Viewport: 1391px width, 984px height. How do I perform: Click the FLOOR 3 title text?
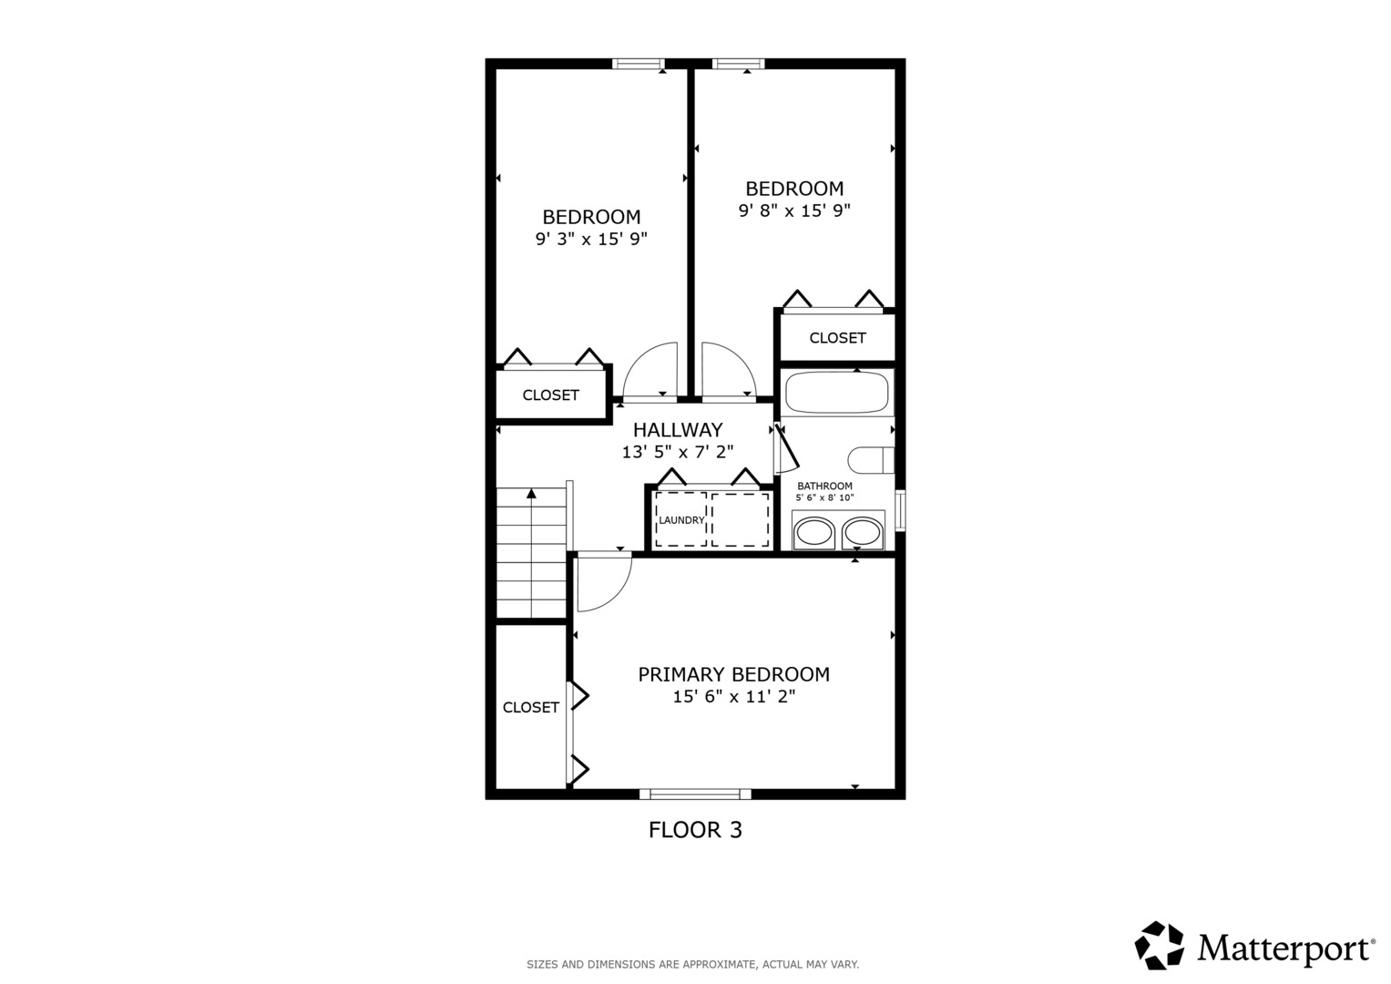(x=695, y=830)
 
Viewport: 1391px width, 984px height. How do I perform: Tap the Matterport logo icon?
(x=1159, y=946)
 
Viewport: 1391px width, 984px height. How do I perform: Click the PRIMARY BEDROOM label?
(x=733, y=674)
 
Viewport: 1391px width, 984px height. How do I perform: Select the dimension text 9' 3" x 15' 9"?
(x=591, y=240)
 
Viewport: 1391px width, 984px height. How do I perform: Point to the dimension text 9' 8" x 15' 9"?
(x=794, y=210)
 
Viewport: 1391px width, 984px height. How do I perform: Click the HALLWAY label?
(x=678, y=430)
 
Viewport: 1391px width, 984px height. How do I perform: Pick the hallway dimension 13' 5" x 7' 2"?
(x=678, y=452)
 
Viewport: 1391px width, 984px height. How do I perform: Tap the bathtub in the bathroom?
(x=836, y=394)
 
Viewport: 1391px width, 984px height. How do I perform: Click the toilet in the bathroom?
(x=870, y=460)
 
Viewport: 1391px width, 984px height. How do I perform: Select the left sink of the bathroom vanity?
(x=814, y=532)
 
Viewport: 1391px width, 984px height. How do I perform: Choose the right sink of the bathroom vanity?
(x=863, y=532)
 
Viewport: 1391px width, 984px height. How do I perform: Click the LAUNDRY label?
(x=681, y=520)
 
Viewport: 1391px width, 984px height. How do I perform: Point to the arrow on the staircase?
(x=531, y=495)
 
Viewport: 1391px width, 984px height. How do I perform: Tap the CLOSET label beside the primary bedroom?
(x=531, y=707)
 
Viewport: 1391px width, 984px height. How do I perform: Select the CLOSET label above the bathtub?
(x=837, y=338)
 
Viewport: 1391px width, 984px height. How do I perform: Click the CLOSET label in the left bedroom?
(x=550, y=395)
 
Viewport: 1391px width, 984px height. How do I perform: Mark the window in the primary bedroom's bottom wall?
(x=695, y=794)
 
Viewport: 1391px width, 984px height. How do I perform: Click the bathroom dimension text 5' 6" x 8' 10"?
(x=824, y=497)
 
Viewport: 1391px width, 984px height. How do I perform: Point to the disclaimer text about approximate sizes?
(x=692, y=964)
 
